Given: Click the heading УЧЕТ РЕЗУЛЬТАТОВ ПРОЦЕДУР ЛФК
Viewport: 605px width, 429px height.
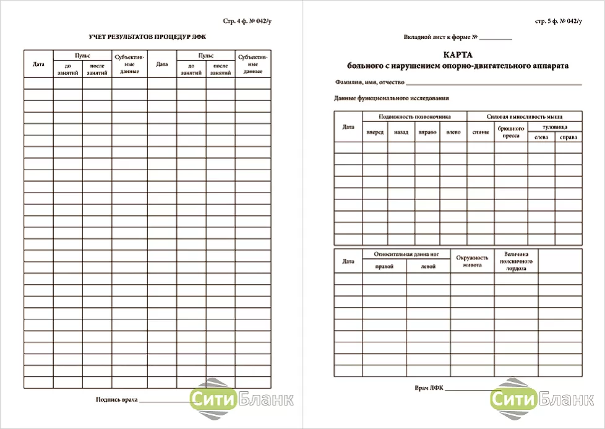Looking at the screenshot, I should click(147, 37).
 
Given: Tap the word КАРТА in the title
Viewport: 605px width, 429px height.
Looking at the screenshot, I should click(458, 54).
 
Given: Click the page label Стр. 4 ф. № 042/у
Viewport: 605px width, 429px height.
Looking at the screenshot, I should click(246, 21).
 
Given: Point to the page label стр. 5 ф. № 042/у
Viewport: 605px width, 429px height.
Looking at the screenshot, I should click(559, 21).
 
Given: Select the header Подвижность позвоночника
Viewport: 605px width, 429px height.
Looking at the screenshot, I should click(414, 116).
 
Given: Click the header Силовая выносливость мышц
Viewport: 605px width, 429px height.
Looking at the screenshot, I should click(525, 116).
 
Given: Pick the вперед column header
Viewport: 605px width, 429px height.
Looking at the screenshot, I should click(375, 132).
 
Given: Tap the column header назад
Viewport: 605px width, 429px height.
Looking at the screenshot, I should click(401, 132).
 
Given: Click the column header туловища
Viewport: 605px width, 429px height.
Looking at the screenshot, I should click(554, 126).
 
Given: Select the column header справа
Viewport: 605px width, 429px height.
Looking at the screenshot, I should click(568, 137).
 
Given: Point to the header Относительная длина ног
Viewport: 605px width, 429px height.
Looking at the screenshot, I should click(406, 254).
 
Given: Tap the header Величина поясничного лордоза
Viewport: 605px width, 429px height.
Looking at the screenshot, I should click(516, 261).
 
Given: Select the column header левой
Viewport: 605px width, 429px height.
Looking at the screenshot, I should click(427, 267).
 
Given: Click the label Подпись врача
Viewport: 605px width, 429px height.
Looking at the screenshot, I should click(116, 401).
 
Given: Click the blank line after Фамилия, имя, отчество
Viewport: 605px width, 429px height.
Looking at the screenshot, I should click(494, 83).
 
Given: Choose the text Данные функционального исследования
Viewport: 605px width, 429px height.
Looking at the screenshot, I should click(391, 98).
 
